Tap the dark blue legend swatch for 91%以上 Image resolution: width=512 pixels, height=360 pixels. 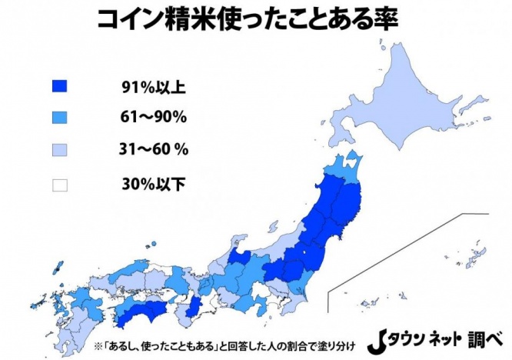(59, 85)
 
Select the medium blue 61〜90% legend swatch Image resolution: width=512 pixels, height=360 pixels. (59, 118)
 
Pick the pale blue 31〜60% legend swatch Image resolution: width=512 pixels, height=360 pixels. (59, 151)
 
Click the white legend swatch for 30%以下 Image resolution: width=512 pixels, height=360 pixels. (59, 184)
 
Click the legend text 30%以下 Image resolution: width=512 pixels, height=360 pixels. (153, 184)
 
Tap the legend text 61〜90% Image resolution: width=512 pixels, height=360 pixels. (154, 118)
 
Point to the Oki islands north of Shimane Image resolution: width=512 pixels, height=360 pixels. (155, 245)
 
